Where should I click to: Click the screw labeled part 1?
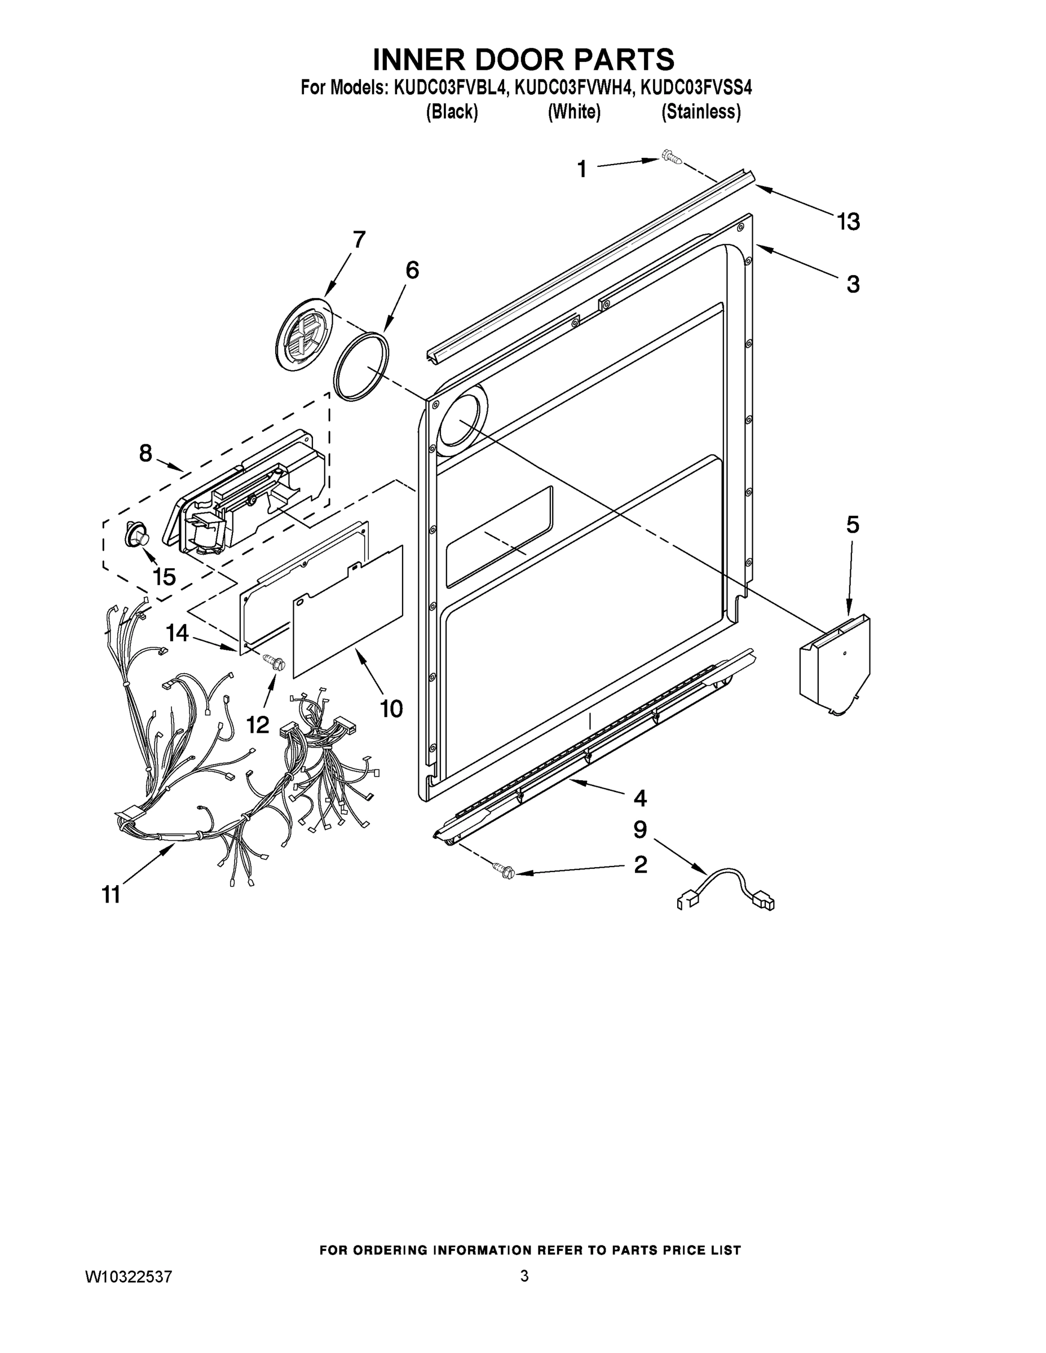pyautogui.click(x=670, y=156)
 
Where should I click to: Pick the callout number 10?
pyautogui.click(x=391, y=708)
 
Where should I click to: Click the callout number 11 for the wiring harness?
pyautogui.click(x=111, y=895)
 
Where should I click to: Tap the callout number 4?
pyautogui.click(x=640, y=798)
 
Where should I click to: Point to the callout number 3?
pyautogui.click(x=853, y=284)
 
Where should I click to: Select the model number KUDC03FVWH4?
pyautogui.click(x=575, y=88)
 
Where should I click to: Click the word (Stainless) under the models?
pyautogui.click(x=701, y=112)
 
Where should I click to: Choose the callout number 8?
pyautogui.click(x=145, y=453)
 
